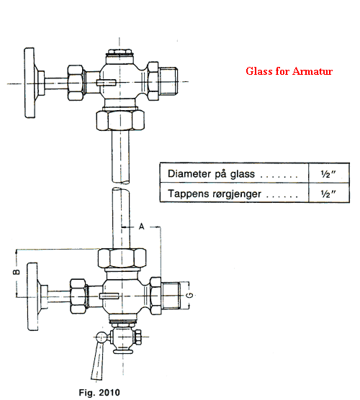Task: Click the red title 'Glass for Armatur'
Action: click(289, 71)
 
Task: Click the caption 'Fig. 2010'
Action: click(99, 392)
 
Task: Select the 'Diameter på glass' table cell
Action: click(234, 173)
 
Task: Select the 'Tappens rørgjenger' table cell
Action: click(234, 193)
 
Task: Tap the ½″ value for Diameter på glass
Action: click(328, 174)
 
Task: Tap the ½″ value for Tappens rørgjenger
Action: click(328, 194)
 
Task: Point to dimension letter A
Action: click(142, 227)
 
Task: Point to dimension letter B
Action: click(17, 272)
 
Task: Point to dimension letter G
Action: click(189, 296)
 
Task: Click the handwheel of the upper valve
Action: click(30, 83)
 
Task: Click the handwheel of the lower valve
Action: click(32, 296)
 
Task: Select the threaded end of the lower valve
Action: click(171, 296)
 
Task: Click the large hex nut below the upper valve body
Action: click(120, 120)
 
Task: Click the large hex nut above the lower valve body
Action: click(122, 258)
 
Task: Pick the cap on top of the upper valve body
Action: click(120, 52)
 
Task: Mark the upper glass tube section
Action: click(120, 157)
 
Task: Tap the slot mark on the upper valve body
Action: click(107, 83)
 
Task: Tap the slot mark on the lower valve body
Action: click(109, 296)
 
